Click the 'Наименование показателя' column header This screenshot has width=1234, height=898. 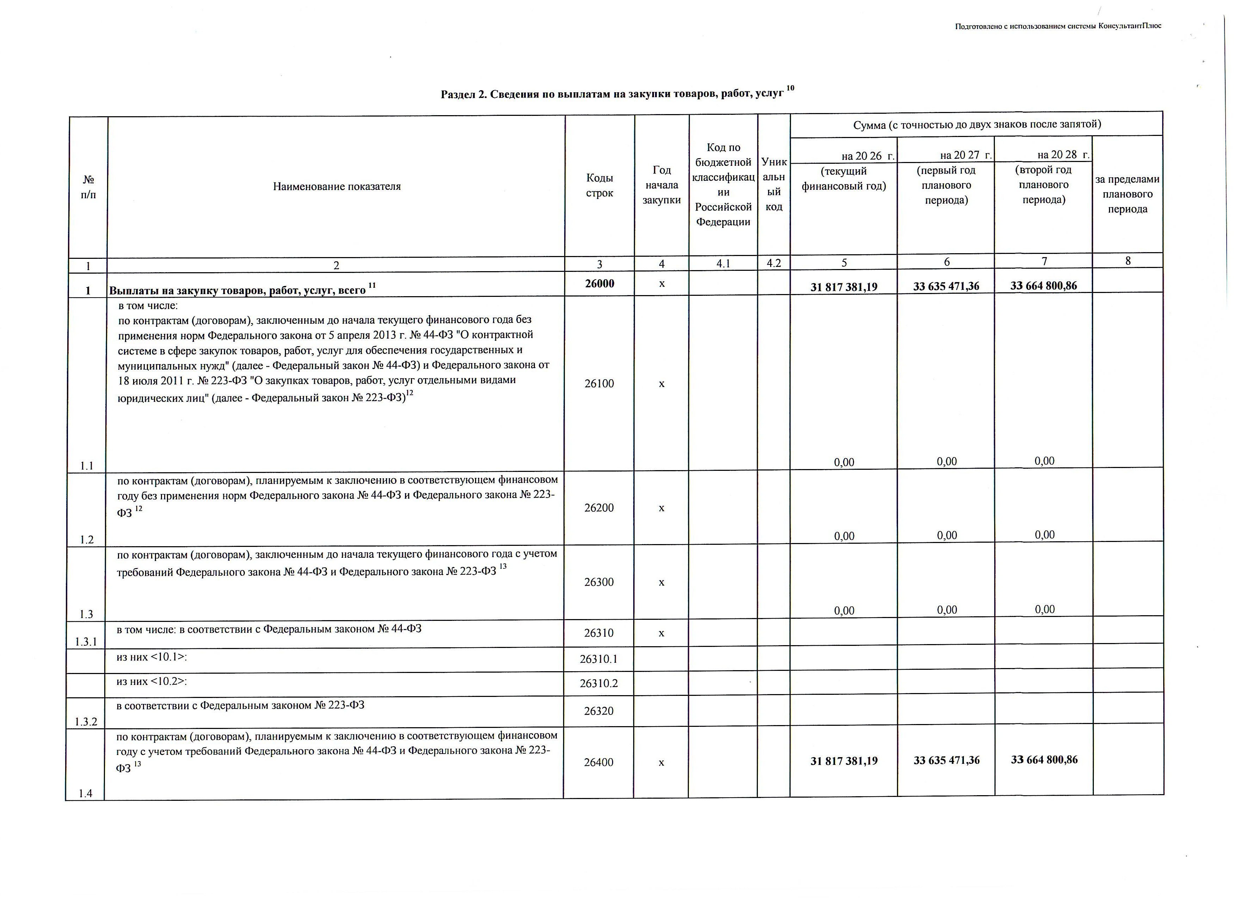[x=337, y=187]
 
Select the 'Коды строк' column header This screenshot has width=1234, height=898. [x=600, y=186]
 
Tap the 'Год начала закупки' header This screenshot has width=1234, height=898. [x=662, y=185]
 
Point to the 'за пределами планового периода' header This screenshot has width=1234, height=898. [x=1127, y=194]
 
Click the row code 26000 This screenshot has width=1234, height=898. [x=600, y=283]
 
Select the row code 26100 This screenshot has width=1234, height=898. [x=599, y=383]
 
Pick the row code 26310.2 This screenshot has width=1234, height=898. [x=598, y=683]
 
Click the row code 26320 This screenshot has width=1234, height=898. [x=598, y=711]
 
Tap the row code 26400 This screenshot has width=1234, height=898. [x=598, y=762]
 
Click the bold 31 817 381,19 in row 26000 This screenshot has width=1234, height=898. [x=844, y=287]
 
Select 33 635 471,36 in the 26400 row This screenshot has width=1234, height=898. [x=947, y=760]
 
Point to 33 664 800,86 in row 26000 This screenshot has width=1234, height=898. [x=1043, y=286]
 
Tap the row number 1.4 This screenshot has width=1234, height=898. [x=86, y=793]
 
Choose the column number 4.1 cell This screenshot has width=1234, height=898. [x=723, y=264]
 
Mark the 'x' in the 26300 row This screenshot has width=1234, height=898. [x=662, y=582]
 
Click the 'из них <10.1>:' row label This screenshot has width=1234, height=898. [x=152, y=657]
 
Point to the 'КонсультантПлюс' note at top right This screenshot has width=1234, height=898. [x=1058, y=26]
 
